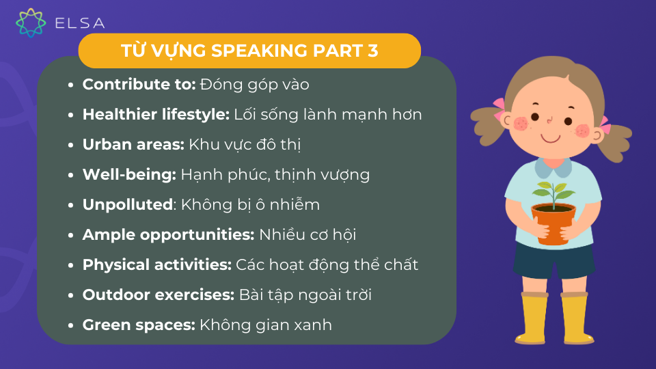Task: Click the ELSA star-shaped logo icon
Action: [31, 23]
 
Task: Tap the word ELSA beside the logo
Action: [79, 23]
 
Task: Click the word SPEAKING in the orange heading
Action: [260, 51]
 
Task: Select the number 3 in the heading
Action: [373, 51]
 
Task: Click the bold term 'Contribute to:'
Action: [139, 85]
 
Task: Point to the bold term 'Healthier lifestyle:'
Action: [156, 115]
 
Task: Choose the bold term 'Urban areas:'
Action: [133, 144]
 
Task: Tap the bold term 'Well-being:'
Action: [129, 175]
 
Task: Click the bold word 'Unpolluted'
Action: [128, 204]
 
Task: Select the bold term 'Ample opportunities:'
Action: [168, 234]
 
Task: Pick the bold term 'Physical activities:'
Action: [157, 265]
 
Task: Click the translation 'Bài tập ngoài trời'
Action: [305, 295]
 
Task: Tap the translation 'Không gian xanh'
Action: [266, 325]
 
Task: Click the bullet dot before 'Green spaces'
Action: [70, 325]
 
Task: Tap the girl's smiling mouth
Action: [551, 138]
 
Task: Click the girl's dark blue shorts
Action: [554, 261]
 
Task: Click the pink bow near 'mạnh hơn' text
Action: [499, 109]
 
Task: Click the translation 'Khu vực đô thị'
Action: [245, 145]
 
